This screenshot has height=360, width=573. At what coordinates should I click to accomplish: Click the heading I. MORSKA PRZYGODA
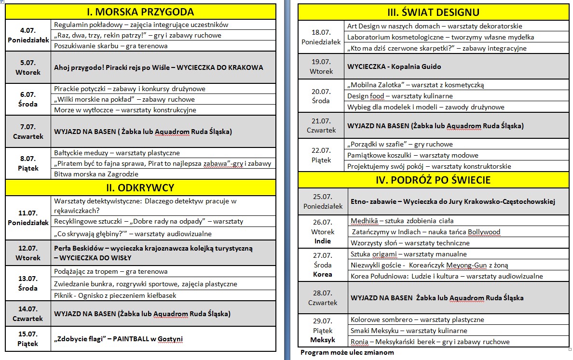140,12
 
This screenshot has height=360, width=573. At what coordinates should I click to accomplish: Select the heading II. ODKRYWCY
140,187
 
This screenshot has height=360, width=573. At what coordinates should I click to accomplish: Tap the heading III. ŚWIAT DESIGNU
433,12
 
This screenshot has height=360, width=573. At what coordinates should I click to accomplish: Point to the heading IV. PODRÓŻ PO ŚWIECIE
433,180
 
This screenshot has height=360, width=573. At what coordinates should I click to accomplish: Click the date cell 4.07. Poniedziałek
28,35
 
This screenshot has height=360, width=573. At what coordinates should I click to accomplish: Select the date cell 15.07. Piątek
28,339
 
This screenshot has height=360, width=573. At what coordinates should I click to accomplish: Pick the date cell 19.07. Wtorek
322,67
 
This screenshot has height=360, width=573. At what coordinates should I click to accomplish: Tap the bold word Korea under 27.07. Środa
323,274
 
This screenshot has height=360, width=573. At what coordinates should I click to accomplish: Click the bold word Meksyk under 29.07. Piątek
323,340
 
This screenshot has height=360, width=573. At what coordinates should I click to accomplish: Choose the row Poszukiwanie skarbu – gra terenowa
111,46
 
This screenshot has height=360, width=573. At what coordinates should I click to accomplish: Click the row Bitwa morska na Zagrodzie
96,174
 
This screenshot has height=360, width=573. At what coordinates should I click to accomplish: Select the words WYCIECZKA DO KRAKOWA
220,67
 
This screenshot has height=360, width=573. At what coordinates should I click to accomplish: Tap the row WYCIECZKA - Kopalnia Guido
387,67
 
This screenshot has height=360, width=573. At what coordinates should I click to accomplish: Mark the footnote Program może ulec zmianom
347,352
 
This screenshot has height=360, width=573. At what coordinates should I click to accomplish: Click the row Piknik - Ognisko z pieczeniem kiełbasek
115,295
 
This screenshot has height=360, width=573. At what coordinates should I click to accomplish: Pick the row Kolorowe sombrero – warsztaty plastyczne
417,320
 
